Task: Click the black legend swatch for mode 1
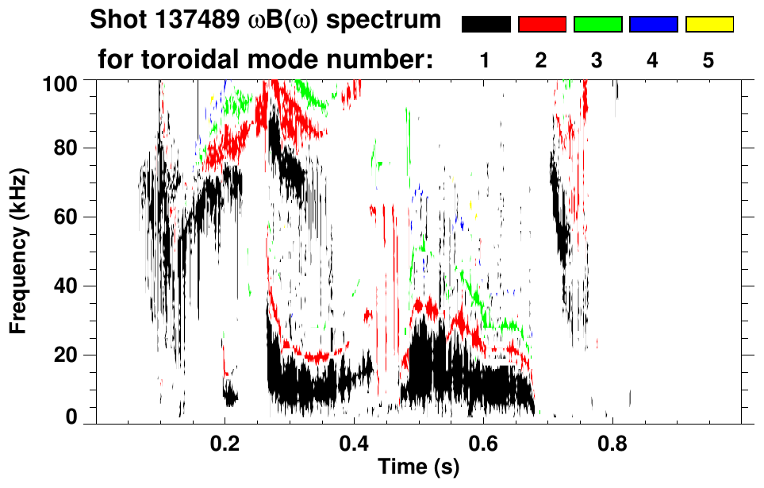tap(486, 25)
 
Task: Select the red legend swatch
tap(542, 25)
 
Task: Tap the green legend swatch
tap(597, 25)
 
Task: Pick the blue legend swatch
tap(653, 25)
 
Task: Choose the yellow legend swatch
tap(708, 25)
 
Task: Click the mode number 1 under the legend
tap(486, 60)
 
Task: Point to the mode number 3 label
tap(597, 60)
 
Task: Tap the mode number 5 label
tap(708, 60)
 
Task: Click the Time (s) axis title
tap(417, 468)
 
